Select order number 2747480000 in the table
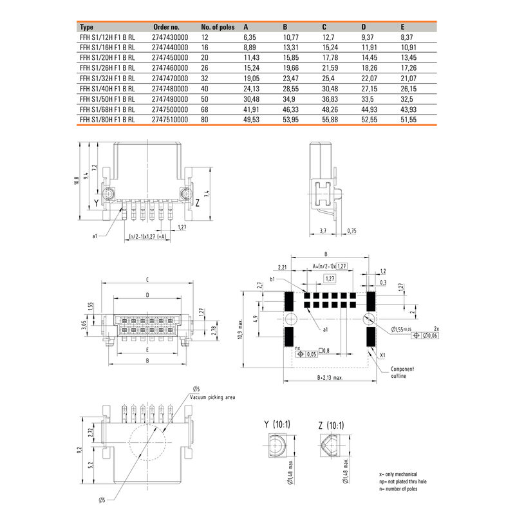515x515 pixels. click(170, 89)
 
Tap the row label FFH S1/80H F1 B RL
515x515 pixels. click(107, 120)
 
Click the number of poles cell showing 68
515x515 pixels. click(205, 109)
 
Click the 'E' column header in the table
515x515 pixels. click(402, 28)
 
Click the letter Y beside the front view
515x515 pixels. click(96, 203)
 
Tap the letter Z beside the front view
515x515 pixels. click(198, 203)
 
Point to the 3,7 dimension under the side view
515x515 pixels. click(323, 230)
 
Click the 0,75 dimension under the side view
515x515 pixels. click(351, 230)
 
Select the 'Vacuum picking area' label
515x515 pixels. click(212, 398)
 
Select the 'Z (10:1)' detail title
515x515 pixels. click(331, 426)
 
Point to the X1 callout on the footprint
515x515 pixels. click(383, 355)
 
